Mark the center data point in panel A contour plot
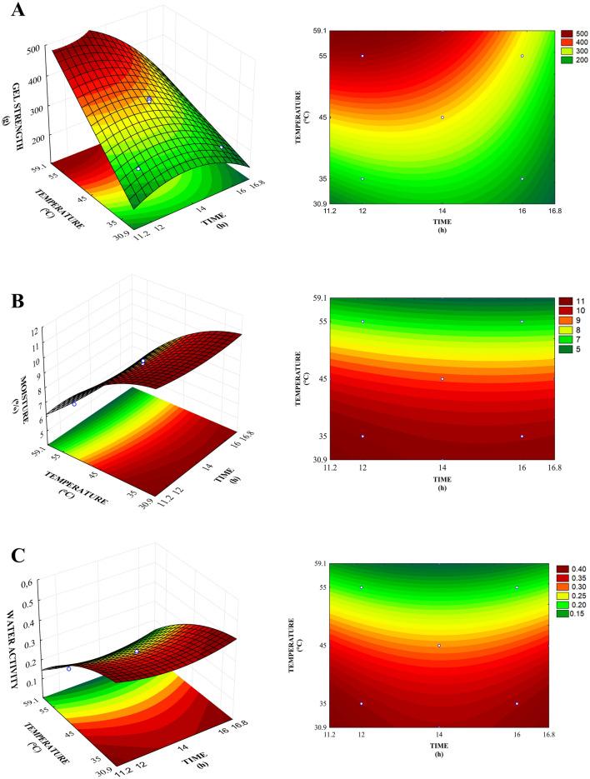(442, 117)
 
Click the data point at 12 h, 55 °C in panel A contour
(362, 56)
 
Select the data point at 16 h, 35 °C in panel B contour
(522, 436)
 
